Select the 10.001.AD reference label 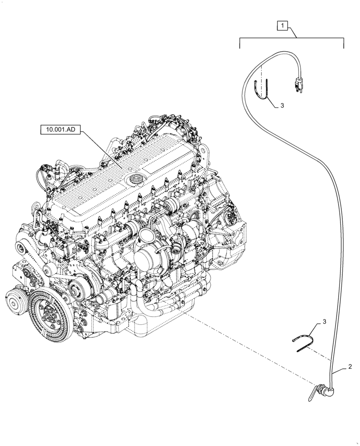point(61,130)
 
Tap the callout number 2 point(350,367)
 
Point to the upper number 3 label point(282,106)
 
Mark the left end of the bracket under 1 point(241,43)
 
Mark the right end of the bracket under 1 point(344,43)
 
